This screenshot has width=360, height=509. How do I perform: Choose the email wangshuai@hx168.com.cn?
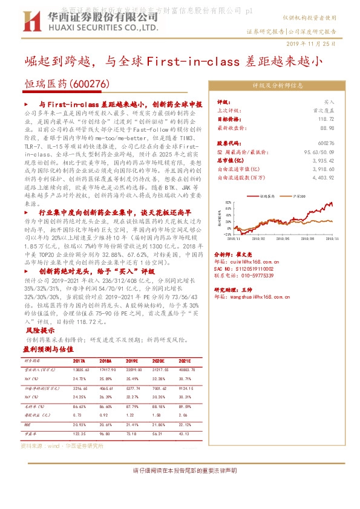pyautogui.click(x=257, y=314)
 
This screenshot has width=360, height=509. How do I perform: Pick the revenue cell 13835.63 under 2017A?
pyautogui.click(x=80, y=369)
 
